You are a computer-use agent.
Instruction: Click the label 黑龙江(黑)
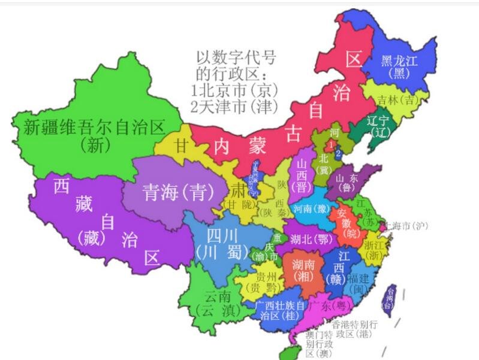point(399,66)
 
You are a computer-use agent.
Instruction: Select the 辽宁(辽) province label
point(378,126)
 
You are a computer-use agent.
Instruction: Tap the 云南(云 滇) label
point(217,303)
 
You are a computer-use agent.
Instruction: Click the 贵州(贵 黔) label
point(266,283)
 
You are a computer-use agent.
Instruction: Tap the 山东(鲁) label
point(347,183)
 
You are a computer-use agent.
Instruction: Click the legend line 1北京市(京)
point(234,90)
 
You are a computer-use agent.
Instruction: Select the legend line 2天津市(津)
point(234,107)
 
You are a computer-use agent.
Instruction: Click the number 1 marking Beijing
point(329,146)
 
